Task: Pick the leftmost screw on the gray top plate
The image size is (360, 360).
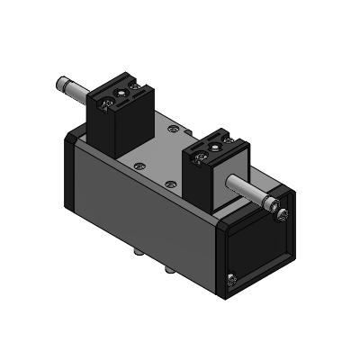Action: click(x=137, y=164)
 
